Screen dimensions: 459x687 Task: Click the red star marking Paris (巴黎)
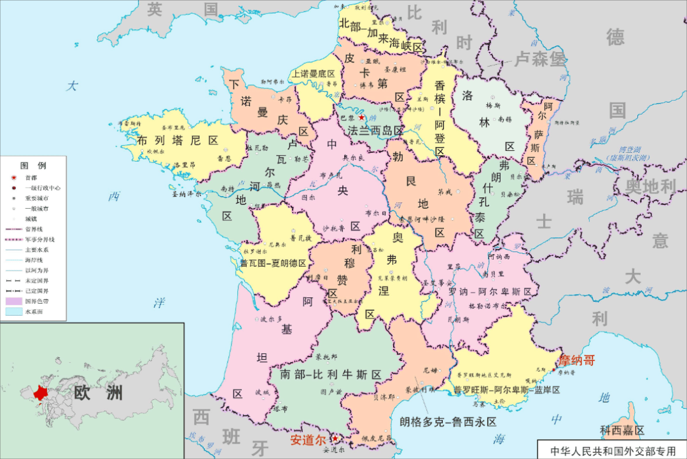(361, 118)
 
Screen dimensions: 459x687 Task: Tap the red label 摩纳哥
(576, 360)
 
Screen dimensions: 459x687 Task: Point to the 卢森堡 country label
(540, 59)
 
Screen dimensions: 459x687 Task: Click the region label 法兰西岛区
(375, 131)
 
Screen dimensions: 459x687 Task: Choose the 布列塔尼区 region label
(177, 140)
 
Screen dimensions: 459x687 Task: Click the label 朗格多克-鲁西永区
(448, 421)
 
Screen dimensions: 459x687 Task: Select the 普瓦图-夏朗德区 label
(273, 263)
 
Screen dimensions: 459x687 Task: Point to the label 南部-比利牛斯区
(330, 374)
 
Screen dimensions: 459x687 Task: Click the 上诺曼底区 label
(314, 74)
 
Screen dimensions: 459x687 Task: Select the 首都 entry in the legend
(32, 178)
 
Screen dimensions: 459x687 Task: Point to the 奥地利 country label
(649, 187)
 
